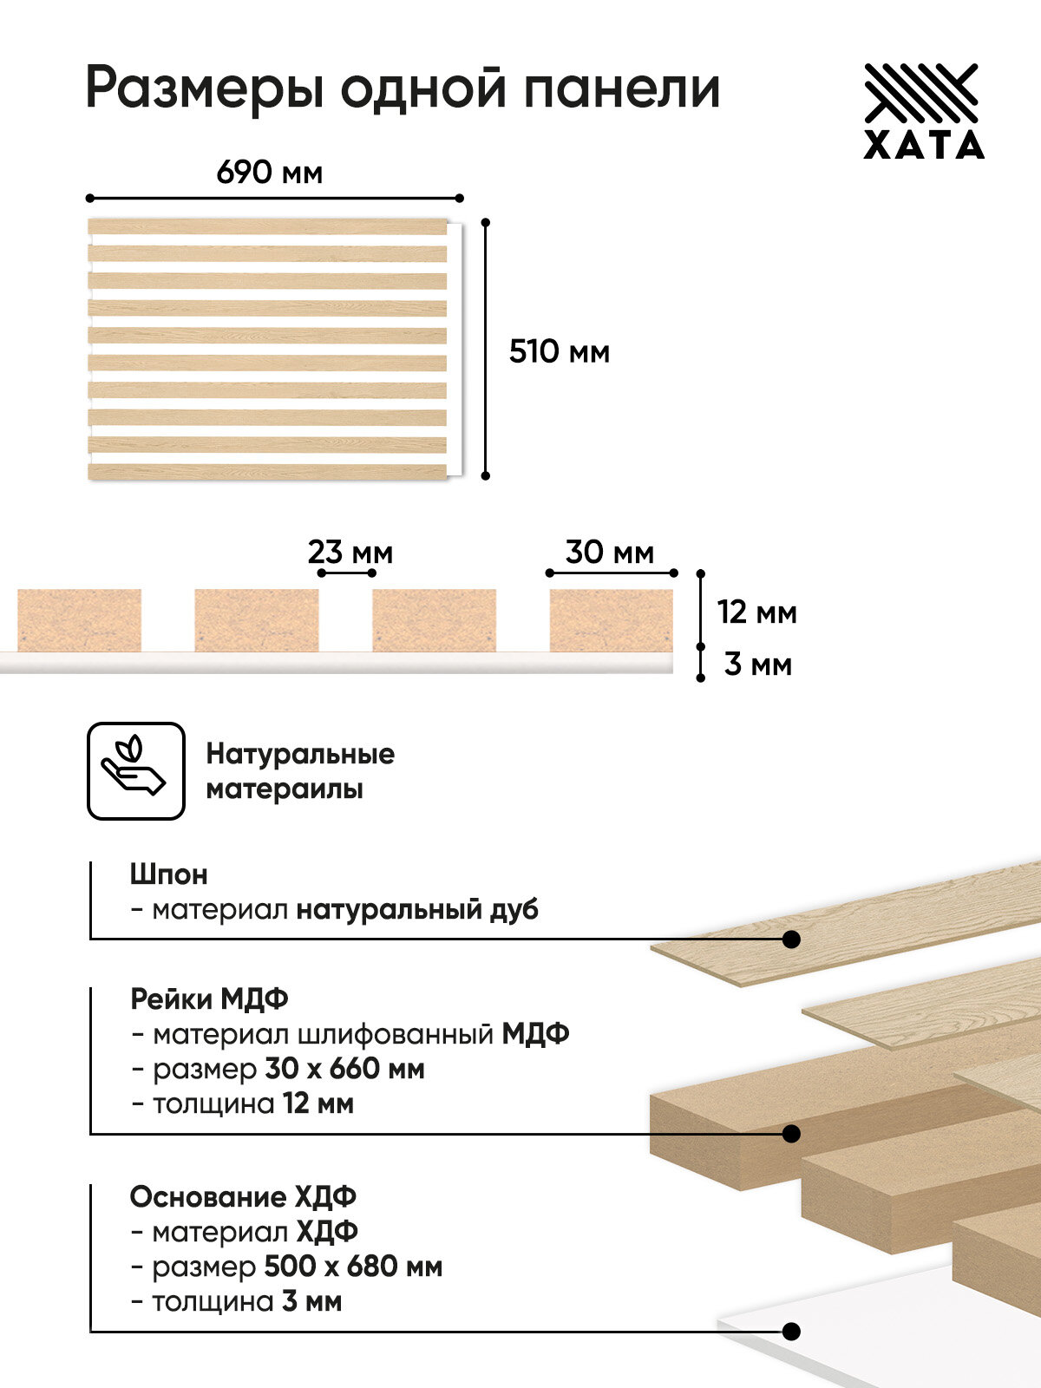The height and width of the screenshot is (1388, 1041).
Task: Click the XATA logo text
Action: [x=924, y=145]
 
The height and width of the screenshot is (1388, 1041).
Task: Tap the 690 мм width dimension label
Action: [x=269, y=173]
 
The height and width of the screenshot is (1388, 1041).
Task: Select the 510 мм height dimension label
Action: [x=560, y=351]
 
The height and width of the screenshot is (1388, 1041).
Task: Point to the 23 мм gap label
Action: [x=350, y=552]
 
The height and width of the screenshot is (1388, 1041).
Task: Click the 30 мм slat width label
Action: [x=610, y=552]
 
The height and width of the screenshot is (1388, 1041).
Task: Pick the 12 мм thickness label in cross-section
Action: [x=756, y=612]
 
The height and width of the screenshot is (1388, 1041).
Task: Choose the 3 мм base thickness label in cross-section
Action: [x=757, y=665]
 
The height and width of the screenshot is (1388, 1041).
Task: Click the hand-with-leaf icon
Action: [x=135, y=770]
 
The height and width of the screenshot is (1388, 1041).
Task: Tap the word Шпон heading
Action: [x=168, y=874]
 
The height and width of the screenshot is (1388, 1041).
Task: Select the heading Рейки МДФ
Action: [x=209, y=998]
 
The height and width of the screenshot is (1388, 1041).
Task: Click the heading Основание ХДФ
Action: [x=243, y=1196]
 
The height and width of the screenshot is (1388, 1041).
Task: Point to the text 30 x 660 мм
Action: [x=344, y=1069]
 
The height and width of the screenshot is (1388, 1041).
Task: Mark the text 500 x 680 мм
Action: [x=352, y=1267]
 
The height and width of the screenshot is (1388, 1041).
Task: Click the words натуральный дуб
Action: [x=417, y=909]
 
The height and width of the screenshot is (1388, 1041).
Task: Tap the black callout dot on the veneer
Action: [x=790, y=940]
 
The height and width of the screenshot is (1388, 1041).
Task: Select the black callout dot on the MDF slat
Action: [x=790, y=1134]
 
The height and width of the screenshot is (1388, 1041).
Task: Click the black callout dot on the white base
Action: [x=790, y=1332]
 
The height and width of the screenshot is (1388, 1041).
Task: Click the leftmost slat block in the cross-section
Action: [x=79, y=619]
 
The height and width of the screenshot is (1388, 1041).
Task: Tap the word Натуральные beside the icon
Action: [x=300, y=754]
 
